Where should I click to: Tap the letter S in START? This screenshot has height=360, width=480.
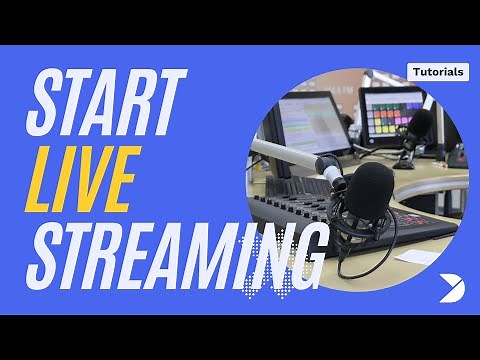click(46, 106)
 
